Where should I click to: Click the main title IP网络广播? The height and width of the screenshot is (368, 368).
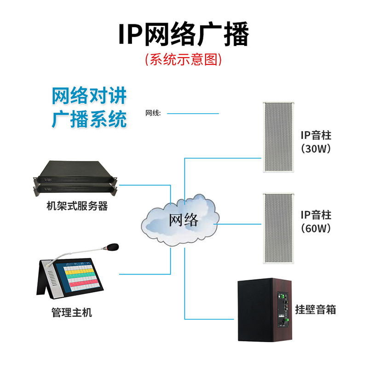pyautogui.click(x=184, y=34)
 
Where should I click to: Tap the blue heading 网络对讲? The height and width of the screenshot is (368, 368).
pyautogui.click(x=89, y=96)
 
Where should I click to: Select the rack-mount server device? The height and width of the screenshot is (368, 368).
pyautogui.click(x=76, y=177)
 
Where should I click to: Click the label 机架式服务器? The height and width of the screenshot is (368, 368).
pyautogui.click(x=77, y=206)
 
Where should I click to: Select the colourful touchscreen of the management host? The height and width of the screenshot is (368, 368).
pyautogui.click(x=82, y=276)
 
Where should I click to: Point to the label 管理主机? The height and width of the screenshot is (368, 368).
pyautogui.click(x=72, y=313)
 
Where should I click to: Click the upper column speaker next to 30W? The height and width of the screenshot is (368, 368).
pyautogui.click(x=277, y=136)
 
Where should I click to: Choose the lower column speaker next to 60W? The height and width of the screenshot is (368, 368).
pyautogui.click(x=277, y=228)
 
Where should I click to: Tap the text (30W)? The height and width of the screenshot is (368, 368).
pyautogui.click(x=316, y=149)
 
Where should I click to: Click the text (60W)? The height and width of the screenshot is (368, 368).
pyautogui.click(x=316, y=228)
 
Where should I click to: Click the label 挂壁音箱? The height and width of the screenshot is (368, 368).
pyautogui.click(x=316, y=310)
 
